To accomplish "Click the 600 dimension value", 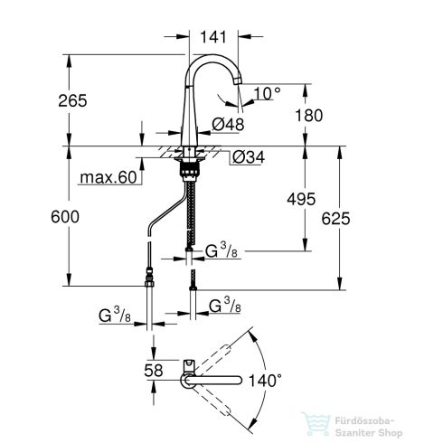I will [x=42, y=217].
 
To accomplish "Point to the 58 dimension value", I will [x=155, y=371].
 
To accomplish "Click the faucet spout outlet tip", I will [x=237, y=98].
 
